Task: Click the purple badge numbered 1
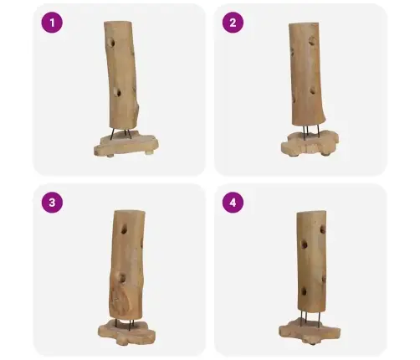click(x=52, y=23)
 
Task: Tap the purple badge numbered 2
click(x=233, y=23)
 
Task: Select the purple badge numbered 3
click(x=52, y=203)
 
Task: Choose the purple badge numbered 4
click(x=233, y=203)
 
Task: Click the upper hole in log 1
click(x=112, y=43)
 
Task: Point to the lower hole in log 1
click(x=118, y=92)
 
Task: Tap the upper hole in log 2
click(x=312, y=41)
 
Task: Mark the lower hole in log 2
click(x=313, y=90)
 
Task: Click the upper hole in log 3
click(x=124, y=229)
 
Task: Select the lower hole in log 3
click(x=122, y=278)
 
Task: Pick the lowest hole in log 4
click(x=304, y=292)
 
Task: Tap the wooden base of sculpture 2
click(x=310, y=143)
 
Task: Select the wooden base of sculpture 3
click(x=126, y=332)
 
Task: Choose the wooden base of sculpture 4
click(x=310, y=332)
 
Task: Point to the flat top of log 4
click(x=311, y=213)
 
